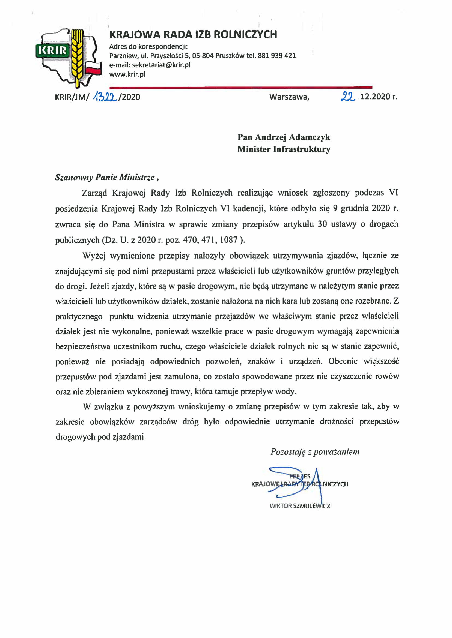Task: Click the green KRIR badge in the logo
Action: click(52, 50)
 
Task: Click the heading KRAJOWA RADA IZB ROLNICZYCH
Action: click(193, 34)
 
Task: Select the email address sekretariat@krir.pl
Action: click(161, 65)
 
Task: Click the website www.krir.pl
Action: click(127, 74)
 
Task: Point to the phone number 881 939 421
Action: click(277, 56)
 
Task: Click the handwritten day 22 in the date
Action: click(347, 96)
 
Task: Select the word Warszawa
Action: click(289, 97)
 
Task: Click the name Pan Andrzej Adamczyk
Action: click(284, 137)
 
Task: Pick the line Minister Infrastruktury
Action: click(284, 149)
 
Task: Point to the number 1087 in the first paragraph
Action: click(228, 240)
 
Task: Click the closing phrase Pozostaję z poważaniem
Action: click(315, 452)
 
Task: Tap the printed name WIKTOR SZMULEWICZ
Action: click(300, 506)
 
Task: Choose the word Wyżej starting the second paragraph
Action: click(94, 256)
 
